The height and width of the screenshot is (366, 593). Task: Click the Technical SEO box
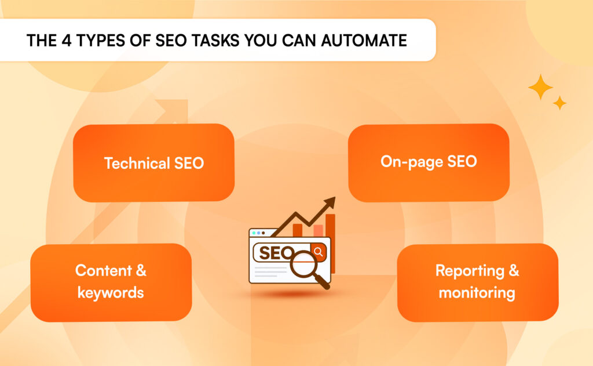(153, 163)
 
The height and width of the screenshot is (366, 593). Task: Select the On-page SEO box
(429, 162)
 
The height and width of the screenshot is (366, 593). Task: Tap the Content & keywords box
(111, 282)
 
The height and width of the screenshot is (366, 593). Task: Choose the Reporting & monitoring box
(477, 282)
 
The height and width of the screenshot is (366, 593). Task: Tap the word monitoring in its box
(477, 292)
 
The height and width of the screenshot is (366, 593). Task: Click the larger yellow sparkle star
(540, 86)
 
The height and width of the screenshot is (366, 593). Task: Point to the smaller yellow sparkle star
(559, 103)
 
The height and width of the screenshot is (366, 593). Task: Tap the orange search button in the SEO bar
(318, 252)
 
